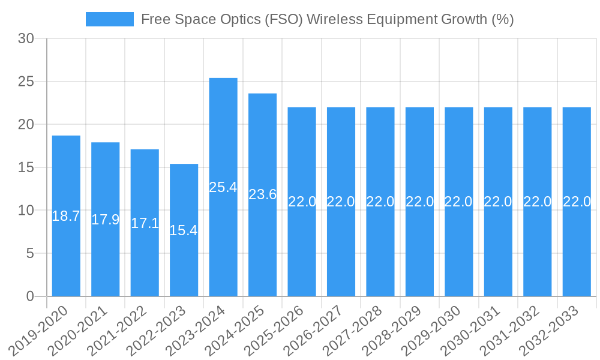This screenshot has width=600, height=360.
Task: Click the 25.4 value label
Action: click(223, 187)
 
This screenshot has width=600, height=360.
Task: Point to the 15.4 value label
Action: click(184, 230)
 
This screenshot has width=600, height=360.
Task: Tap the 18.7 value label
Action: click(66, 216)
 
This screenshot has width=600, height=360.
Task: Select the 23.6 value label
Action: click(262, 194)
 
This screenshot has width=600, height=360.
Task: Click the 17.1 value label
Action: click(145, 223)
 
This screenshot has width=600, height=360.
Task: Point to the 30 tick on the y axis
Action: click(26, 39)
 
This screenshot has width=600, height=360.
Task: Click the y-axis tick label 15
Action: click(26, 167)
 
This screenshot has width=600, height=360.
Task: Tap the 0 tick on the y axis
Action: click(31, 296)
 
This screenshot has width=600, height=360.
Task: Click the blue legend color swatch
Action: click(109, 19)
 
